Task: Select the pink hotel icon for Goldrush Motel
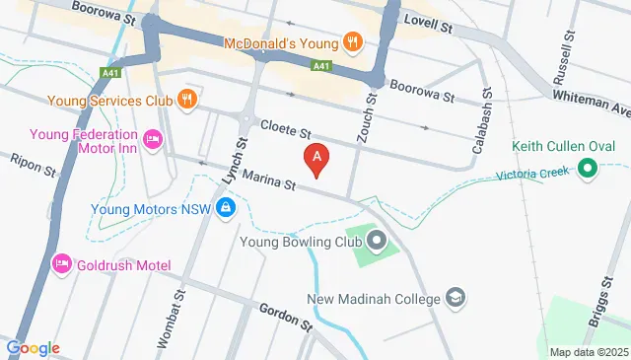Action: pos(61,264)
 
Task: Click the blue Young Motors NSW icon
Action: pos(226,207)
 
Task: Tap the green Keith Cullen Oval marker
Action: pos(589,169)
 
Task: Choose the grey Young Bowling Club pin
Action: pos(378,239)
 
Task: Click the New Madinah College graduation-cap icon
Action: pos(456,297)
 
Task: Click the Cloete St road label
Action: pos(287,127)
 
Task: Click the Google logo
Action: pos(34,348)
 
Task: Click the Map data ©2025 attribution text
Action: pos(588,352)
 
